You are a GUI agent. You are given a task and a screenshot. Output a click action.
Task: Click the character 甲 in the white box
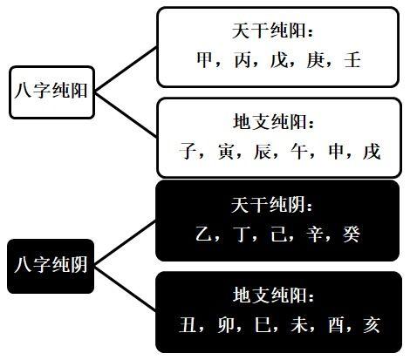tap(205, 60)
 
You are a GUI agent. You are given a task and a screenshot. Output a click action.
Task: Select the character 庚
tap(316, 60)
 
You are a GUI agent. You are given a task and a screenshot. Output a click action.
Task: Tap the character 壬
tap(352, 60)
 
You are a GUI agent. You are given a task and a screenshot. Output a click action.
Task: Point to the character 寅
tap(226, 152)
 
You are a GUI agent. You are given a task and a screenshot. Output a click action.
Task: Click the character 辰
tap(263, 152)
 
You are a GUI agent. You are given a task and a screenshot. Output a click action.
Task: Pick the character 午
tap(299, 152)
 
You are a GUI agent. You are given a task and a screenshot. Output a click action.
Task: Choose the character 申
tap(337, 152)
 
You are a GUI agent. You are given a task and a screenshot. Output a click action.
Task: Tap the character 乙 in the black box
tap(204, 234)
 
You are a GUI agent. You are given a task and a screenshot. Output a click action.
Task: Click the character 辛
tap(315, 234)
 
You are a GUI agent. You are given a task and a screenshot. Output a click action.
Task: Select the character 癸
tap(352, 234)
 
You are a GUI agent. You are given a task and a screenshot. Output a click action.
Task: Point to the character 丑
tap(188, 324)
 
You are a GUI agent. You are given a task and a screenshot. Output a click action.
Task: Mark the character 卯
tap(226, 324)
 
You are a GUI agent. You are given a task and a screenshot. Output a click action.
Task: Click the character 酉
tap(336, 324)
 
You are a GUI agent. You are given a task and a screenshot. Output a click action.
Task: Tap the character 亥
tap(372, 324)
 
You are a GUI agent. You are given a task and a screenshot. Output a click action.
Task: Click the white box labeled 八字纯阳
tap(52, 92)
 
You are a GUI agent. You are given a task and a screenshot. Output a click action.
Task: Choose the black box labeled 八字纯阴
tap(51, 266)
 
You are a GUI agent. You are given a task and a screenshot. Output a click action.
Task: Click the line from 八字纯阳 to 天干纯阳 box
tap(126, 69)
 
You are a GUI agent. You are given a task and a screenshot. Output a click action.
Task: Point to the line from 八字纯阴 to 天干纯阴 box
tap(126, 242)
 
